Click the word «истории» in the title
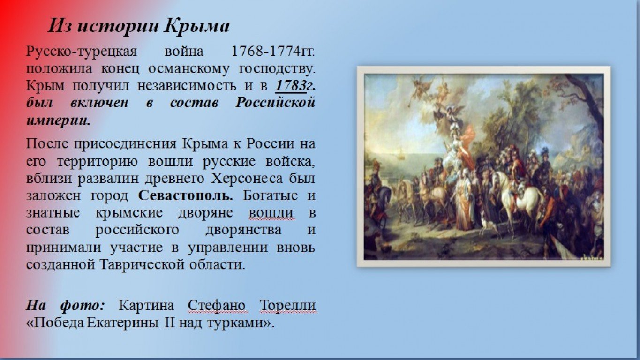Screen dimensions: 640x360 coord(118,26)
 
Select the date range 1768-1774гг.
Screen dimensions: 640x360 coord(273,52)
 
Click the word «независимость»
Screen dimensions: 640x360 coord(187,86)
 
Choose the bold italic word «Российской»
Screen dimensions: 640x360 coord(275,103)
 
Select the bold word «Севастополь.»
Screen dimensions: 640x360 coord(186,196)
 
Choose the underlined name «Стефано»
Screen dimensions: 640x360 coord(217,306)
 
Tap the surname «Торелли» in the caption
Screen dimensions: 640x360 coord(288,306)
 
